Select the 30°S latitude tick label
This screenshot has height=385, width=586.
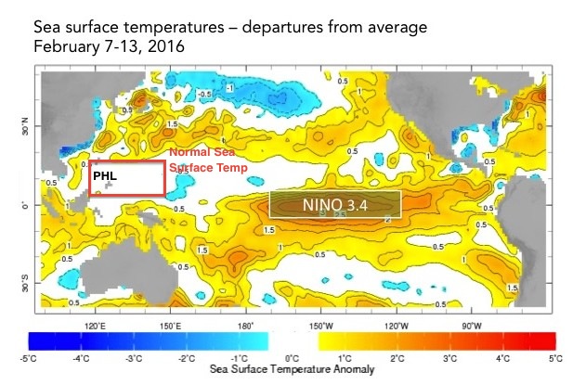pos(25,282)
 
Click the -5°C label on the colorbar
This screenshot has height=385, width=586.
pos(28,357)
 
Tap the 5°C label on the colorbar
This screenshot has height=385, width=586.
pos(554,357)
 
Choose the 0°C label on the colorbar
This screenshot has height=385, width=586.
pos(292,357)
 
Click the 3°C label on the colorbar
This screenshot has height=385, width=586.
pos(449,357)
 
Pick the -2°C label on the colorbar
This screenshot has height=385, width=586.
pos(186,357)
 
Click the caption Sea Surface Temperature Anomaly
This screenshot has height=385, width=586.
pos(292,369)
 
